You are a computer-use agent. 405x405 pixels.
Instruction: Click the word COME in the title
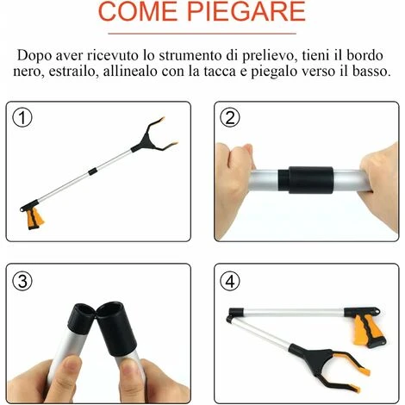(x=138, y=10)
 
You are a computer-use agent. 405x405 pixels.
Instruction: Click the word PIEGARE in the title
(x=246, y=10)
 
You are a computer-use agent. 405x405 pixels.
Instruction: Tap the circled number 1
(x=22, y=118)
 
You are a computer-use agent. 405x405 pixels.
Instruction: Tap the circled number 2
(x=230, y=118)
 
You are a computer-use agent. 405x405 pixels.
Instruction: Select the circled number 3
(x=22, y=281)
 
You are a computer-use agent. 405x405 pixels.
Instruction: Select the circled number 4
(x=230, y=281)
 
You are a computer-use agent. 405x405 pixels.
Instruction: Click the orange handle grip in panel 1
(x=35, y=219)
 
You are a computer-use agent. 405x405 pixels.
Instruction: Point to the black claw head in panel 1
(x=148, y=138)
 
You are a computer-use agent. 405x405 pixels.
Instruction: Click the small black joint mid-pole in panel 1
(x=92, y=171)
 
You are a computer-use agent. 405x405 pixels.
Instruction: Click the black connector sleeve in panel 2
(x=306, y=180)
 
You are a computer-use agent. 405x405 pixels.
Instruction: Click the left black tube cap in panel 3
(x=81, y=318)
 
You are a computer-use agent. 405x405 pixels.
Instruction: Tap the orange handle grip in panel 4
(x=369, y=330)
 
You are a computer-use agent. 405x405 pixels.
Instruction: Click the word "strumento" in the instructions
(x=190, y=55)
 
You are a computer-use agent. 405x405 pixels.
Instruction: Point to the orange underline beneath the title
(x=202, y=34)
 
